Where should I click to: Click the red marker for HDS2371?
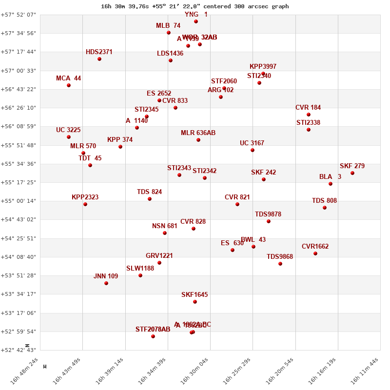coord(99,59)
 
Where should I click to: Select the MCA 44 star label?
coord(68,78)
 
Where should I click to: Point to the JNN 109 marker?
coord(106,283)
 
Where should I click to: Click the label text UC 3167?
coord(252,143)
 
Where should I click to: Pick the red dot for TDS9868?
coord(280,264)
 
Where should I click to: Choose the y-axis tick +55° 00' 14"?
coord(18,201)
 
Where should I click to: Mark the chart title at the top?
coord(195,6)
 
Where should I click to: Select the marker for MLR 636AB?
coord(198,140)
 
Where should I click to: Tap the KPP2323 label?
coord(85,197)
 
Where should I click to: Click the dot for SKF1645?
coord(195,302)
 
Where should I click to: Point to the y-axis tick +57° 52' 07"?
coord(18,15)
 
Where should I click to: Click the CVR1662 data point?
coord(315,253)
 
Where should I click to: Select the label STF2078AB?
coord(153,329)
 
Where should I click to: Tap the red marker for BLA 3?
coord(331,184)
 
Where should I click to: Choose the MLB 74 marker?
coord(169,33)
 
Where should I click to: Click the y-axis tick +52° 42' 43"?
coord(18,350)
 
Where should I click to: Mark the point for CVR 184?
coord(309,115)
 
